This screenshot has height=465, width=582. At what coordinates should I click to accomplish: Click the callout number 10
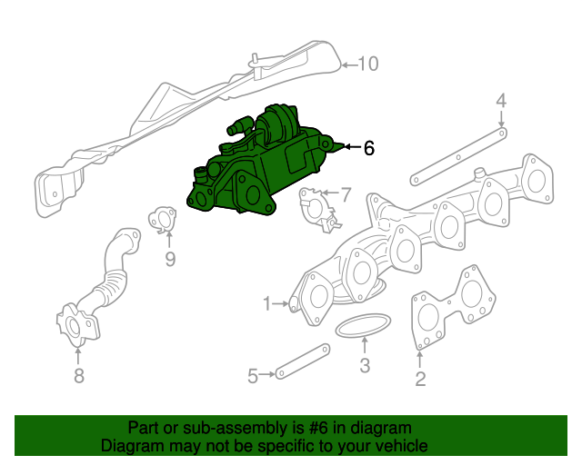367,64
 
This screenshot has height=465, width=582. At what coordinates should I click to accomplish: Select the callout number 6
368,148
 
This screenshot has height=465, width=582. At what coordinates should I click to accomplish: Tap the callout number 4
501,101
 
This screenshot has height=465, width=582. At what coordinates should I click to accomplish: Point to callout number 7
345,193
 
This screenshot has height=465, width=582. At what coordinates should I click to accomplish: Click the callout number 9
169,262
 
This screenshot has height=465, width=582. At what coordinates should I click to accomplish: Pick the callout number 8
78,376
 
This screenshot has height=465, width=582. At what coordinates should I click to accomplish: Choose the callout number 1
267,302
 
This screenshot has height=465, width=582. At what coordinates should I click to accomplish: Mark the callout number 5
253,373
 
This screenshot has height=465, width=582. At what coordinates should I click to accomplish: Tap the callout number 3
364,367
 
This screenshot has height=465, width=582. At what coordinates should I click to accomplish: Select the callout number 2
419,380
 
